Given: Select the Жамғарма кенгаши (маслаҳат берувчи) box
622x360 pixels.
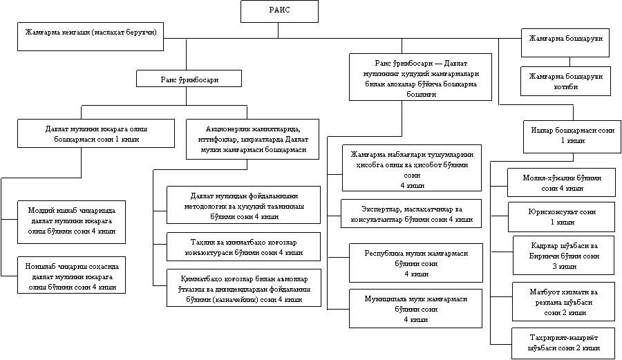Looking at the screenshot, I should coord(91,36).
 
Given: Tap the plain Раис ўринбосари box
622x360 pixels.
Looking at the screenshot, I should coord(189,79).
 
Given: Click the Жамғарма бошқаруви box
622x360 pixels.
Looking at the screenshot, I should coord(565,42).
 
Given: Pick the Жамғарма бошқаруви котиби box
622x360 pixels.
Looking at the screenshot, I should coord(565,81).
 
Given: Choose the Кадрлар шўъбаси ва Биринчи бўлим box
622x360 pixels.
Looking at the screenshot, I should coord(565,255).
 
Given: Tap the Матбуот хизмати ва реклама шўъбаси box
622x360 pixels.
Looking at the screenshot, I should coord(565,302).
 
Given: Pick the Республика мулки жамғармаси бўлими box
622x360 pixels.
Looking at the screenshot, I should coord(415,263).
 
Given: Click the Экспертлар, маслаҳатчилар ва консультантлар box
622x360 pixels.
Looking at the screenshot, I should coord(411,214).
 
